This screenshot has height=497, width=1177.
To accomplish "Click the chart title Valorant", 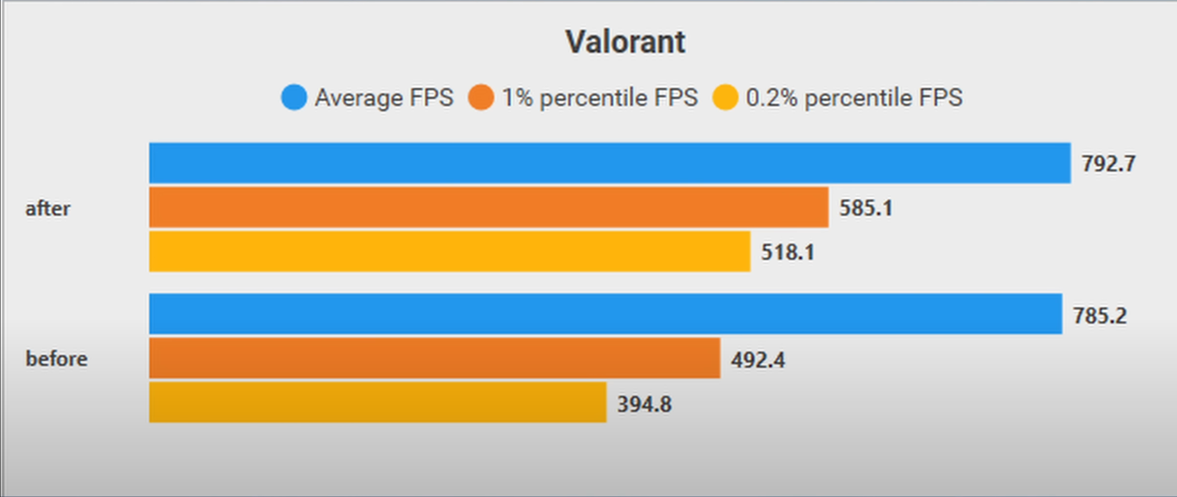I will click(625, 42).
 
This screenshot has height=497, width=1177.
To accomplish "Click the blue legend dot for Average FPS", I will click(294, 97).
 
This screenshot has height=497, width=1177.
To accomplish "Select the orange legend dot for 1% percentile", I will click(481, 97).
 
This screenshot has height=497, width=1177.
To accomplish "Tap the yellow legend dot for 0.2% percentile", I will click(725, 97).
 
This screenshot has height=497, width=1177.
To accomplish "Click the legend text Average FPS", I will click(384, 98).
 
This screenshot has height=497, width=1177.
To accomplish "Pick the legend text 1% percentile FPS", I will click(600, 98).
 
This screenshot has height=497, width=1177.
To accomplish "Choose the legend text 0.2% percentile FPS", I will click(854, 98).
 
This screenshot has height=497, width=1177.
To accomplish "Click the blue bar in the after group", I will click(610, 163).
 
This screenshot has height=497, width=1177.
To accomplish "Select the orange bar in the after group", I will click(489, 207).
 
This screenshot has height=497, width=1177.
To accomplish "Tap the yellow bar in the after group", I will click(450, 251).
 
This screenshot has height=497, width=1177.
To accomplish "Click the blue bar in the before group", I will click(605, 314).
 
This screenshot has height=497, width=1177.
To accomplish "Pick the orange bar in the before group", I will click(434, 358).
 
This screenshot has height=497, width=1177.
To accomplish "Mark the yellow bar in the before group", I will click(377, 402).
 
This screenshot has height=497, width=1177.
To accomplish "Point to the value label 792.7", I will click(1109, 164).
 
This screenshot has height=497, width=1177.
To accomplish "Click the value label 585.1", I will click(866, 208).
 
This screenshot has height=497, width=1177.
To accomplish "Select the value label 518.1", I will click(788, 253).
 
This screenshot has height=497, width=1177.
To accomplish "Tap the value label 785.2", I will click(1100, 316).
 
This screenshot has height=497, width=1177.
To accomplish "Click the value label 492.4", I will click(758, 360).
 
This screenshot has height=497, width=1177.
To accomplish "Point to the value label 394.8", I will click(644, 404).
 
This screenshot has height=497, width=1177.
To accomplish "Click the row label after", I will click(48, 209).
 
